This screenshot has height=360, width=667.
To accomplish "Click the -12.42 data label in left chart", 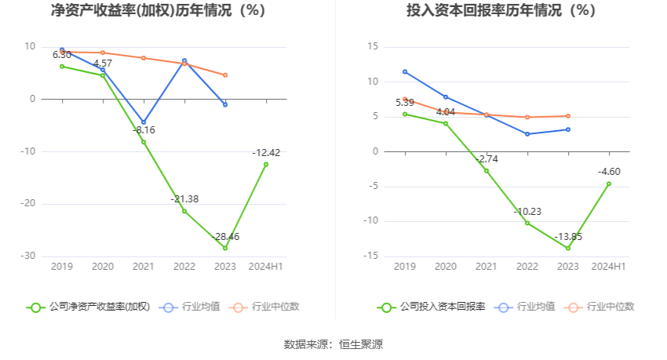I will pyautogui.click(x=266, y=152).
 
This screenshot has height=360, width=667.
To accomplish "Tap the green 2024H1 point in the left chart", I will pyautogui.click(x=266, y=164).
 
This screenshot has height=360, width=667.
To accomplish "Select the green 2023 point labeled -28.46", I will pyautogui.click(x=225, y=248).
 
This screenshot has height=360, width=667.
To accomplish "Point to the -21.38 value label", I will pyautogui.click(x=184, y=199).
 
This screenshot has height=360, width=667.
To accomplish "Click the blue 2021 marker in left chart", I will pyautogui.click(x=144, y=122).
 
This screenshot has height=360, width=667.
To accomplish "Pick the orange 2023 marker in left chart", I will pyautogui.click(x=225, y=75).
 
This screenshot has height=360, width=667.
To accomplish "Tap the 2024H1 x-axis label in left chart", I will pyautogui.click(x=266, y=267).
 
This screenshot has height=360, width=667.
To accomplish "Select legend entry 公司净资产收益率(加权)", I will pyautogui.click(x=89, y=307).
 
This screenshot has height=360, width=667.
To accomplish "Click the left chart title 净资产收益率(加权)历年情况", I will pyautogui.click(x=158, y=11).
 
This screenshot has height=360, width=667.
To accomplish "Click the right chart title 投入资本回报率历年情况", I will pyautogui.click(x=490, y=11).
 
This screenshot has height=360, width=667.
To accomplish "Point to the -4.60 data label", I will pyautogui.click(x=609, y=172).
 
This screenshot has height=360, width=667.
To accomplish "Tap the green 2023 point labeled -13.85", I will pyautogui.click(x=568, y=248).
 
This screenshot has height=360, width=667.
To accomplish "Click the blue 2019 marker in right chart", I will pyautogui.click(x=405, y=71).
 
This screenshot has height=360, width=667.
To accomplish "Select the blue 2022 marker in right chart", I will pyautogui.click(x=527, y=134).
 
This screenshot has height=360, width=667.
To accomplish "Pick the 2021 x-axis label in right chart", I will pyautogui.click(x=487, y=267).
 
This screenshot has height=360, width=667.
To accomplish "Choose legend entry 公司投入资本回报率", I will pyautogui.click(x=432, y=307).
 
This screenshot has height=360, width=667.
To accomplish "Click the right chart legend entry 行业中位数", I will pyautogui.click(x=605, y=307).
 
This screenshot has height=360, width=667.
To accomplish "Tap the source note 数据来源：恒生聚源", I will pyautogui.click(x=333, y=344).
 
